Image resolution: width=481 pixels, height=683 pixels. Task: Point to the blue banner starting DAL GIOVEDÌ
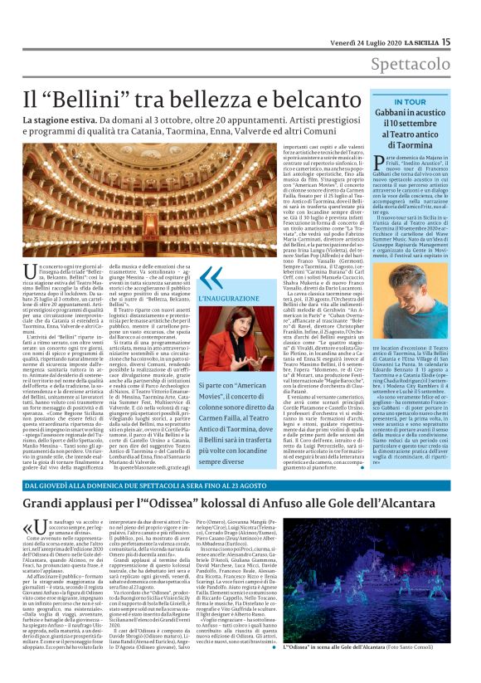coord(166,484)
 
